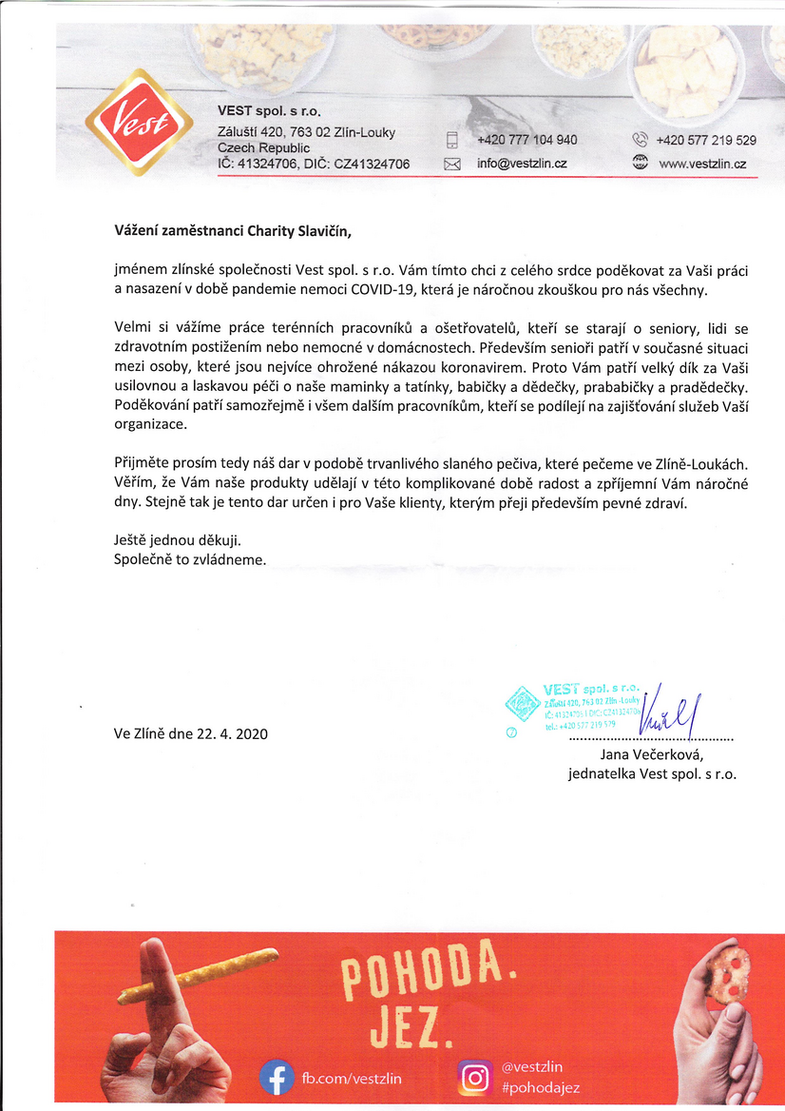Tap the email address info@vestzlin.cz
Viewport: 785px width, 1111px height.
pyautogui.click(x=522, y=164)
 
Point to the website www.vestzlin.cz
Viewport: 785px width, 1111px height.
pyautogui.click(x=701, y=164)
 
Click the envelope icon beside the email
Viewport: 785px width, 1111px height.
pyautogui.click(x=452, y=164)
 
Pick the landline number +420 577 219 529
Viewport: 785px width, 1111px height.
pyautogui.click(x=705, y=140)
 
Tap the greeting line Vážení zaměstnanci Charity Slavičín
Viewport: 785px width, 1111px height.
pyautogui.click(x=239, y=229)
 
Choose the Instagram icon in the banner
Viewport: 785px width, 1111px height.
pyautogui.click(x=475, y=1077)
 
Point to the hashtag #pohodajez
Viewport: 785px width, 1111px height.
pyautogui.click(x=540, y=1087)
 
